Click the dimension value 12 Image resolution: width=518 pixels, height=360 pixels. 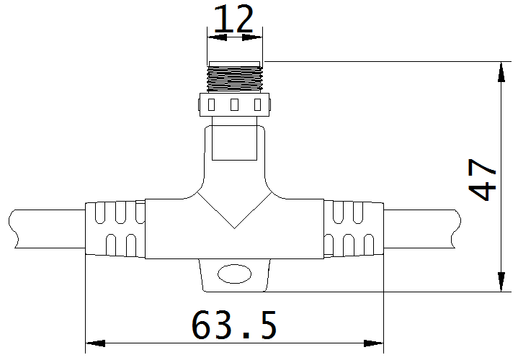[235, 19]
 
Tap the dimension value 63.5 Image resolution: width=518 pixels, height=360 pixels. [235, 325]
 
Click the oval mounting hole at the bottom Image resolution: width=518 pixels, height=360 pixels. [234, 274]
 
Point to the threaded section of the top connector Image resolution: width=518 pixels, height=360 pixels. [235, 78]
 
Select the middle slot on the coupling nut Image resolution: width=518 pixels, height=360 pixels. [234, 105]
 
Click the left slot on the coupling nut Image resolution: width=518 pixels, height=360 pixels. [210, 105]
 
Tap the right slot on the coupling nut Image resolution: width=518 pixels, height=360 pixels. [258, 105]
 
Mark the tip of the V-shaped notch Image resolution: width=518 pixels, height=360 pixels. [234, 228]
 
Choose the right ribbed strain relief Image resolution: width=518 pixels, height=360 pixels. [353, 229]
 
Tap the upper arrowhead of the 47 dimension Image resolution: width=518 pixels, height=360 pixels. [500, 69]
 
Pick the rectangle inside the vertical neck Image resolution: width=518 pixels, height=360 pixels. [235, 142]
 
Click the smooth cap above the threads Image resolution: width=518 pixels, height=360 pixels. [235, 63]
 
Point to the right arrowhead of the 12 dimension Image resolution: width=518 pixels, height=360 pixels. [258, 35]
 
